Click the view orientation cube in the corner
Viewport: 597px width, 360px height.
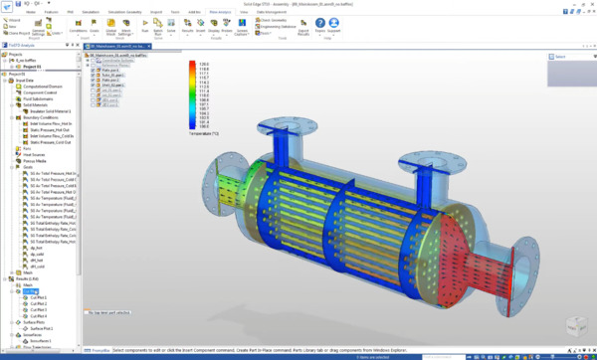pos(571,326)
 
